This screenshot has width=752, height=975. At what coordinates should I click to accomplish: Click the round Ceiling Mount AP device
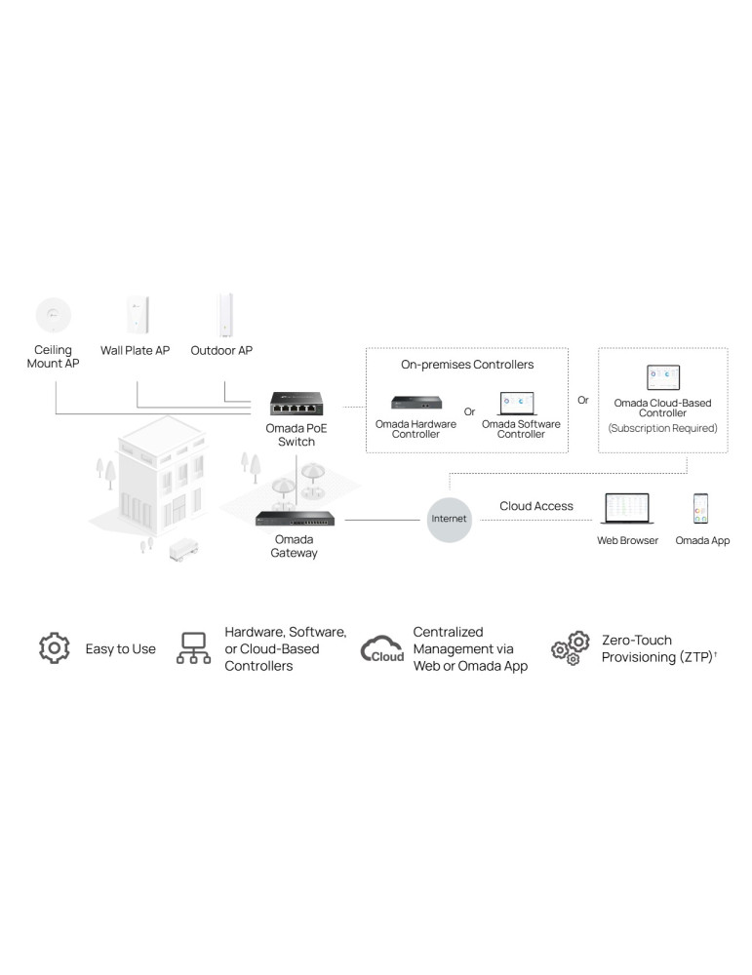click(x=53, y=314)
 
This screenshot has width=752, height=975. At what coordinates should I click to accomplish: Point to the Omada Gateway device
click(x=294, y=520)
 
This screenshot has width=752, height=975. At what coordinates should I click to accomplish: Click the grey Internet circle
click(x=450, y=519)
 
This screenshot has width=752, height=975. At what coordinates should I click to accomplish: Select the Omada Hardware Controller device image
click(x=416, y=403)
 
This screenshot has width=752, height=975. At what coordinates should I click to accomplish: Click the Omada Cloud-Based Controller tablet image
click(x=662, y=377)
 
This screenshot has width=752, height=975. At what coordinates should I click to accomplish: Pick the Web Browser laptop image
click(x=627, y=510)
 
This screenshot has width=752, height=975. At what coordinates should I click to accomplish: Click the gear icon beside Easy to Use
click(x=54, y=648)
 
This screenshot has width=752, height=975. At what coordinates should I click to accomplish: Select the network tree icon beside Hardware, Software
click(x=193, y=648)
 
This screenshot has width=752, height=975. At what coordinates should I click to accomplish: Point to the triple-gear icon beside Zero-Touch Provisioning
click(x=572, y=648)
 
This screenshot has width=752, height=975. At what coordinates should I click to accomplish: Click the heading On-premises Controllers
click(x=467, y=365)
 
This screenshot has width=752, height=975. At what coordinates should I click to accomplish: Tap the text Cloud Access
click(x=536, y=506)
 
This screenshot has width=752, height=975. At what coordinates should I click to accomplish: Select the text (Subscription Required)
click(x=662, y=428)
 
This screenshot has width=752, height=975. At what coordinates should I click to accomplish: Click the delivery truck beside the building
click(x=182, y=549)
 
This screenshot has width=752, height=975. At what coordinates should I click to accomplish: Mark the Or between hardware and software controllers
click(x=469, y=411)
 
